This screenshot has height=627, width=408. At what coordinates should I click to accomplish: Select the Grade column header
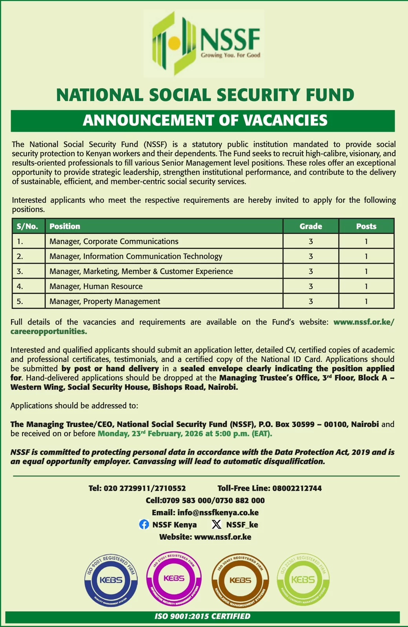click(311, 226)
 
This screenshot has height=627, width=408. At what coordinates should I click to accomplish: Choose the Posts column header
click(366, 226)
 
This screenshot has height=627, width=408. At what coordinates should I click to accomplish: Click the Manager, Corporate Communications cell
click(114, 241)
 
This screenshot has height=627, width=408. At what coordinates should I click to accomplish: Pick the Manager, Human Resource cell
click(96, 286)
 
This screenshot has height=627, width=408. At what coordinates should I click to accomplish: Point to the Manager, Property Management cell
click(105, 301)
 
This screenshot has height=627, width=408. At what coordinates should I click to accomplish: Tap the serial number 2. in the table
click(20, 256)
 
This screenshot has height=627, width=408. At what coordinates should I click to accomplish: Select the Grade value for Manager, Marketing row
click(311, 271)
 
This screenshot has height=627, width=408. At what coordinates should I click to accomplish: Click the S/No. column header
click(27, 226)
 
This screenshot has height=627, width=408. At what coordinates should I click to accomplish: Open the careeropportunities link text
click(49, 332)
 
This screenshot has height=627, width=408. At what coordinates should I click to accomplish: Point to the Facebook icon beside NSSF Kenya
click(144, 524)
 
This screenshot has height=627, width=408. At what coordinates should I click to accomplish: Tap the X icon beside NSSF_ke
click(216, 524)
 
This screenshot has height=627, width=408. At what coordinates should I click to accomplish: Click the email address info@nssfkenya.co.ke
click(218, 513)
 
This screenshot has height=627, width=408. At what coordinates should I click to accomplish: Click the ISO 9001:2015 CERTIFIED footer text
click(202, 616)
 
